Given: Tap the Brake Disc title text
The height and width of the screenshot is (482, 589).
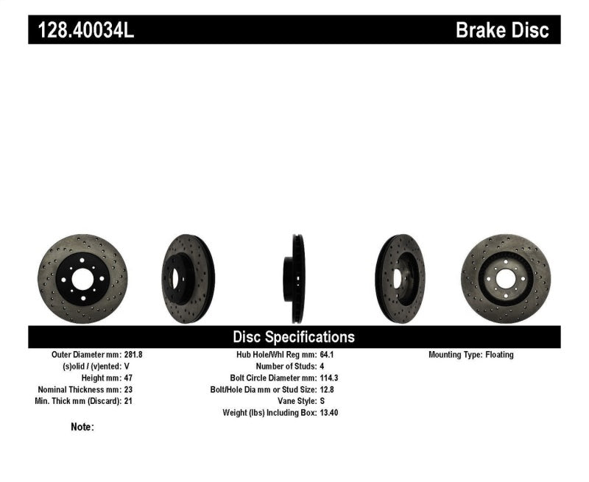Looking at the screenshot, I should pyautogui.click(x=502, y=30).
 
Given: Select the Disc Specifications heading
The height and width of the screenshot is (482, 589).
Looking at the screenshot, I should pyautogui.click(x=294, y=337).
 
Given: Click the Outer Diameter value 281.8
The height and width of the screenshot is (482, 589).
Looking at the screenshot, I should pyautogui.click(x=133, y=355).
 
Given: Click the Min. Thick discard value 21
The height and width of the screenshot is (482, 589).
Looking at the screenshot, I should pyautogui.click(x=128, y=402).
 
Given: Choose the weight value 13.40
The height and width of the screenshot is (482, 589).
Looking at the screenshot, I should pyautogui.click(x=329, y=414).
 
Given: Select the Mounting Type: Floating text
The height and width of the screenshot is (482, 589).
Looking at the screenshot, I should pyautogui.click(x=471, y=355).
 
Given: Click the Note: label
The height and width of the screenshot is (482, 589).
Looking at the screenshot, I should pyautogui.click(x=82, y=427).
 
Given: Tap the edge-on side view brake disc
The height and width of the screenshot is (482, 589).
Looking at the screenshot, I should pyautogui.click(x=296, y=279).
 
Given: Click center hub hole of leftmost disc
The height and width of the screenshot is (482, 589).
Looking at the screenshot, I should pyautogui.click(x=82, y=279).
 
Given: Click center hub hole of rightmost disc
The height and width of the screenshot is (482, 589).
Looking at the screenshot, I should pyautogui.click(x=505, y=279).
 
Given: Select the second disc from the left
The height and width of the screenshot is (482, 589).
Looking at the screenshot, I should pyautogui.click(x=188, y=279).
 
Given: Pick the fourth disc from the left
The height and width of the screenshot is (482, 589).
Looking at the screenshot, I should pyautogui.click(x=400, y=279).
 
